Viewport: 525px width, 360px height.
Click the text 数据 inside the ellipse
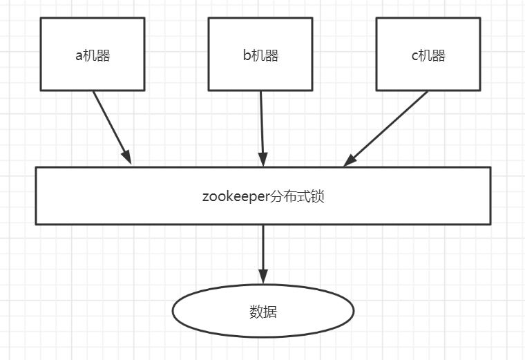pos(263,312)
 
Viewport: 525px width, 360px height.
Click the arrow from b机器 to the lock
pos(261,124)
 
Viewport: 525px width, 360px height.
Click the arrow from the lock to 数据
pos(262,249)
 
